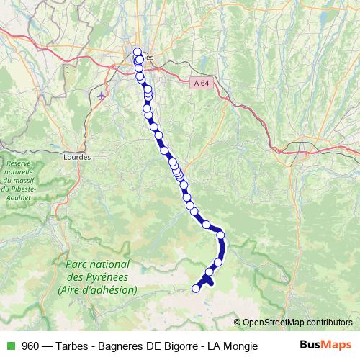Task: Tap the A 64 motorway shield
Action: pos(202,84)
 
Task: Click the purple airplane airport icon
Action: pos(102,94)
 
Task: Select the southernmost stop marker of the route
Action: pos(195,289)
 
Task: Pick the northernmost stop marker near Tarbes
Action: pos(137,52)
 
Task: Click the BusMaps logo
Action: pos(325,345)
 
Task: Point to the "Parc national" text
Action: pos(97,265)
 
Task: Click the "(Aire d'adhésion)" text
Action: pos(98,289)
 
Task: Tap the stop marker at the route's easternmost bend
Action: pos(220,234)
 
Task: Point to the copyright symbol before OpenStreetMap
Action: pos(238,322)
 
